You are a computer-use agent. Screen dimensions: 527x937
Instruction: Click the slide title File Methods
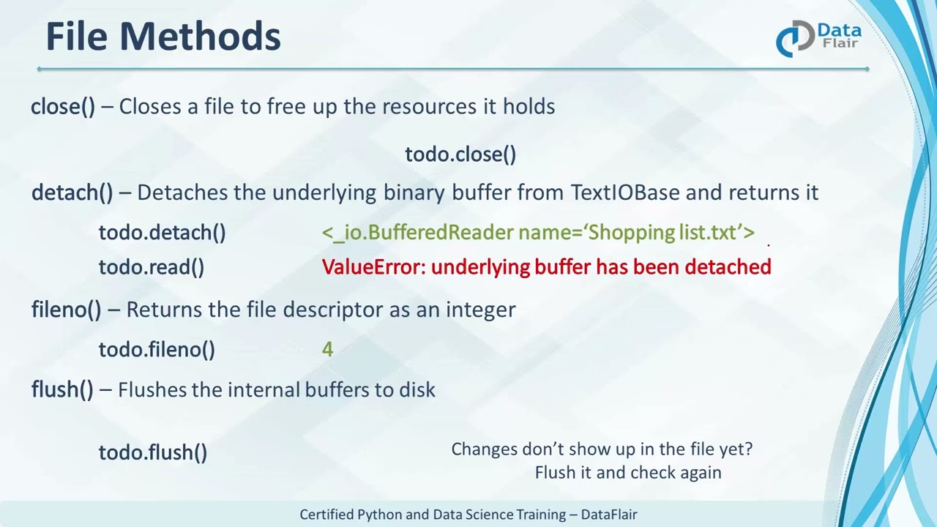coord(163,37)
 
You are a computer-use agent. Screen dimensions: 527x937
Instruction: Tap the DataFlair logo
coord(818,38)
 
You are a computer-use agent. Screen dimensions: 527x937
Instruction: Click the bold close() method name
coord(63,107)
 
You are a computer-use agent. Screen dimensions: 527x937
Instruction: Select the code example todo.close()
coord(460,154)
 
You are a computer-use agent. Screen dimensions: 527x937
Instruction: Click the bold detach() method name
coord(72,193)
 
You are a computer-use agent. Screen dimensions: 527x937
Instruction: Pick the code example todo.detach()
coord(162,233)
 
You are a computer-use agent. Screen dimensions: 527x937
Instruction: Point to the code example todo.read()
coord(151,267)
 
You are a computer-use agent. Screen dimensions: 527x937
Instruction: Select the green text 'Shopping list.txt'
coord(663,233)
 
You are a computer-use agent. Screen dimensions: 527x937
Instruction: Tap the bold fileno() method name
coord(66,310)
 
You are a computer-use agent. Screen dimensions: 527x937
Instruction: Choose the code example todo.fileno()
coord(157,350)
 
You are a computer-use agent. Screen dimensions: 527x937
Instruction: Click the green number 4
coord(327,350)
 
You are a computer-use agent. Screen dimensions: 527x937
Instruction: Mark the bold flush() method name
coord(62,389)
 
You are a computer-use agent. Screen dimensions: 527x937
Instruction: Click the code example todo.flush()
coord(152,452)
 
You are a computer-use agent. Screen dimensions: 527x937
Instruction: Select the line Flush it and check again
coord(627,473)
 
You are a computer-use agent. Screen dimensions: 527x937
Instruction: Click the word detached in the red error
coord(728,267)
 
